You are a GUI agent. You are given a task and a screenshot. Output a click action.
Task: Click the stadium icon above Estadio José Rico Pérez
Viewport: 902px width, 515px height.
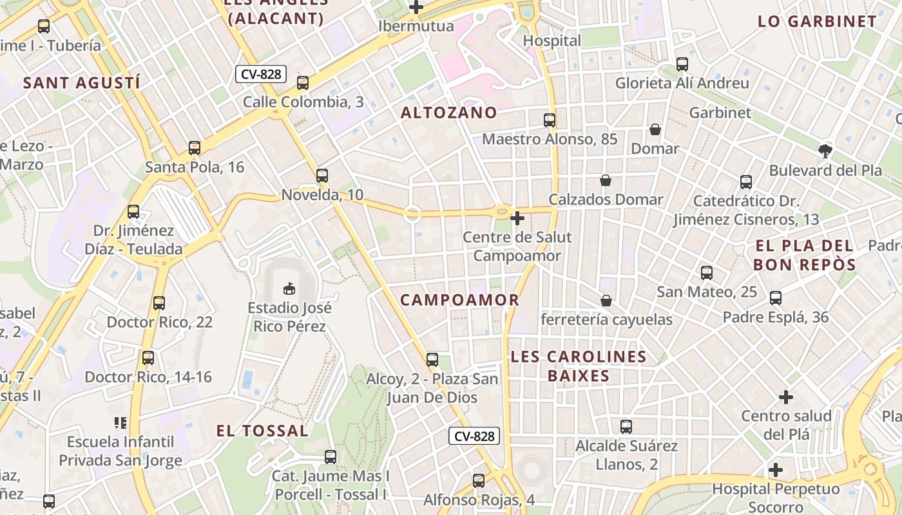289,288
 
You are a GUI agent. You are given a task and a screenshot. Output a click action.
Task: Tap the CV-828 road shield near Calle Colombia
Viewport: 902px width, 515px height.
261,74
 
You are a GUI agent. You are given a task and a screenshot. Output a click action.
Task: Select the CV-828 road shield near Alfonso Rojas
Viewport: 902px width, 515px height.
474,436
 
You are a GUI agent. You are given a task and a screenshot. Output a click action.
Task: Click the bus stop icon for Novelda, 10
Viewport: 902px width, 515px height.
322,175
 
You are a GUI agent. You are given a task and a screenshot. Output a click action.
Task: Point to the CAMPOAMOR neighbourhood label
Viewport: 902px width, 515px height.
459,300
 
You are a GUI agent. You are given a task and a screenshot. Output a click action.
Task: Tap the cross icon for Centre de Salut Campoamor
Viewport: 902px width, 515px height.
517,218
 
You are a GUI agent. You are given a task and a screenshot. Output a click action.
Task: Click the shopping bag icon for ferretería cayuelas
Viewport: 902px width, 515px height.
606,301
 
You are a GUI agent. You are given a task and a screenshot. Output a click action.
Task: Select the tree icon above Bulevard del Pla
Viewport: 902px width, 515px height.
825,151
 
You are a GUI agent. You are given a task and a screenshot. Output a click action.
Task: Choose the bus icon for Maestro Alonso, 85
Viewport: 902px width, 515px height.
550,120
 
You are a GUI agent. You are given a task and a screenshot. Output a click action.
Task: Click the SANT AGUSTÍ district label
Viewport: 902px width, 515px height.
82,82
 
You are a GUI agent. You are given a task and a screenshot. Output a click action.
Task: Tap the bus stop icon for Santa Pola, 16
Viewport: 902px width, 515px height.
195,148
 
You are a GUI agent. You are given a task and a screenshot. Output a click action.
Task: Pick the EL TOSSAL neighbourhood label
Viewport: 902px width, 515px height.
262,431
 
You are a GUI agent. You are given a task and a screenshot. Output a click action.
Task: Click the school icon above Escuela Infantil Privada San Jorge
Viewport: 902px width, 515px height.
120,423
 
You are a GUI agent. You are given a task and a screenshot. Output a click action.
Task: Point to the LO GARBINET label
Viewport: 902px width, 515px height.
817,21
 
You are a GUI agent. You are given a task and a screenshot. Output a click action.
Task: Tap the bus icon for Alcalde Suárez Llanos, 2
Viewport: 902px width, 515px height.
626,426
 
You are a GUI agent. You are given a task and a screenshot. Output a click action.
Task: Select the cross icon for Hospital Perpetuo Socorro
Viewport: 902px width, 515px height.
776,470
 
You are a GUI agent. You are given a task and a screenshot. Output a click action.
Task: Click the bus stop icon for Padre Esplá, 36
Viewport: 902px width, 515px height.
776,298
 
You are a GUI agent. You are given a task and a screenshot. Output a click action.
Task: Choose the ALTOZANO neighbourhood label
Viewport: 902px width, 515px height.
449,113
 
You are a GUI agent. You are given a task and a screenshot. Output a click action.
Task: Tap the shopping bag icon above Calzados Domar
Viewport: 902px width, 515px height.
606,180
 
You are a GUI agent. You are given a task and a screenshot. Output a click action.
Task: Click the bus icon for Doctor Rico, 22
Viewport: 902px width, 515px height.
159,303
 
